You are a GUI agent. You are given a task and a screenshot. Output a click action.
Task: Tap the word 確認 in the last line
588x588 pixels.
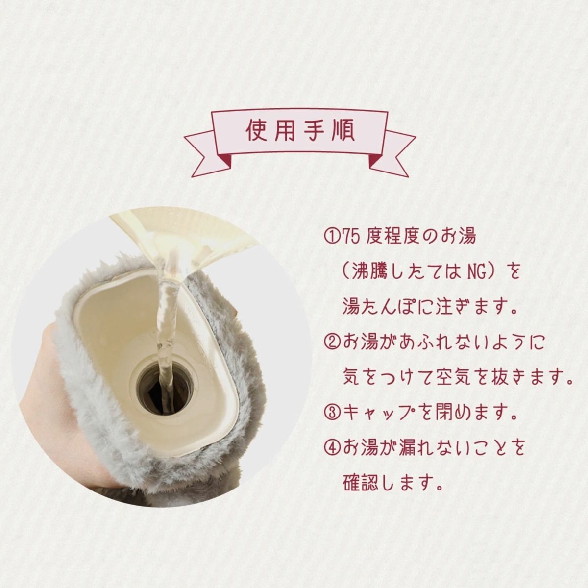[x=360, y=484]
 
